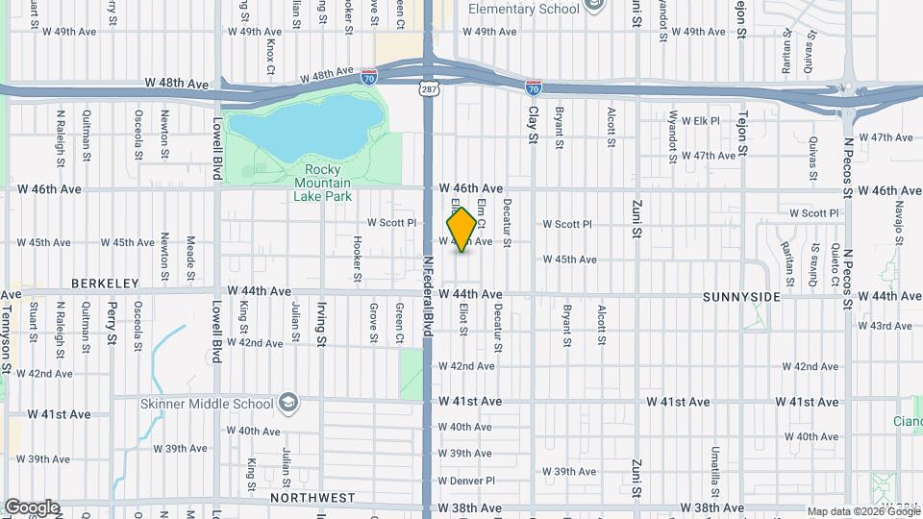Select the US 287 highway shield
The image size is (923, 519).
pos(427,88)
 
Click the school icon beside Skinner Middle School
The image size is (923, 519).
pos(287,402)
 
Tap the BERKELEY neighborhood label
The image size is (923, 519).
pos(105,284)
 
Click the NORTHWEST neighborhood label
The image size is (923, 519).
pos(312,498)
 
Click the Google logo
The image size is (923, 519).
pos(32,507)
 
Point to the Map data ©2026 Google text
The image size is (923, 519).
pos(863,511)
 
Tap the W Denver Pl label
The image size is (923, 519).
pos(466,480)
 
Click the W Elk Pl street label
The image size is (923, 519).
pos(700,120)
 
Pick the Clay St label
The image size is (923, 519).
pos(532,125)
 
